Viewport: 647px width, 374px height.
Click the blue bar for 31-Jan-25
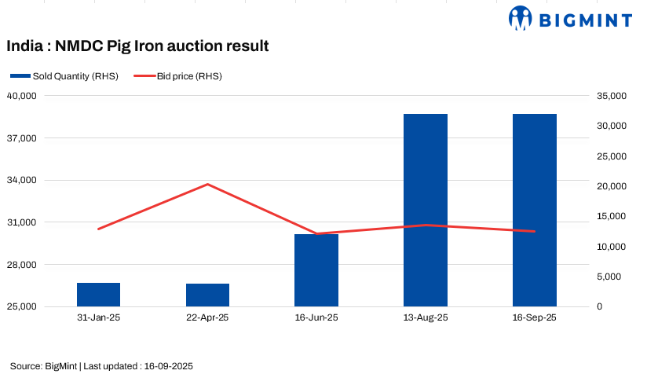98,294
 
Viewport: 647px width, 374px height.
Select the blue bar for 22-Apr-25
207,295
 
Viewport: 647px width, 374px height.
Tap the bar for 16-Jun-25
316,269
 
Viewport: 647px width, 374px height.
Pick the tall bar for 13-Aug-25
426,210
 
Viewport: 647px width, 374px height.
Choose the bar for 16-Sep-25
535,210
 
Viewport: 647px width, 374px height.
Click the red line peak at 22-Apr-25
207,184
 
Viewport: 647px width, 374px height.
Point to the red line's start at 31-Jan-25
98,229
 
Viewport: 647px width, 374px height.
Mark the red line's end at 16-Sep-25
535,231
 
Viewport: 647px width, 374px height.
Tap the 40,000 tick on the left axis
23,96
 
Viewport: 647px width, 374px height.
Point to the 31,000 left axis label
23,222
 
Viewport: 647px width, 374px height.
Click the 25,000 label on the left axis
23,306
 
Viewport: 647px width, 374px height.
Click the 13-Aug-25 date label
426,317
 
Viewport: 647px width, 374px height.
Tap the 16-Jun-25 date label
316,317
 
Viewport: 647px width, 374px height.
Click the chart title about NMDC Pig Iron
137,46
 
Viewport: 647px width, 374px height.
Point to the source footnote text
101,365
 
